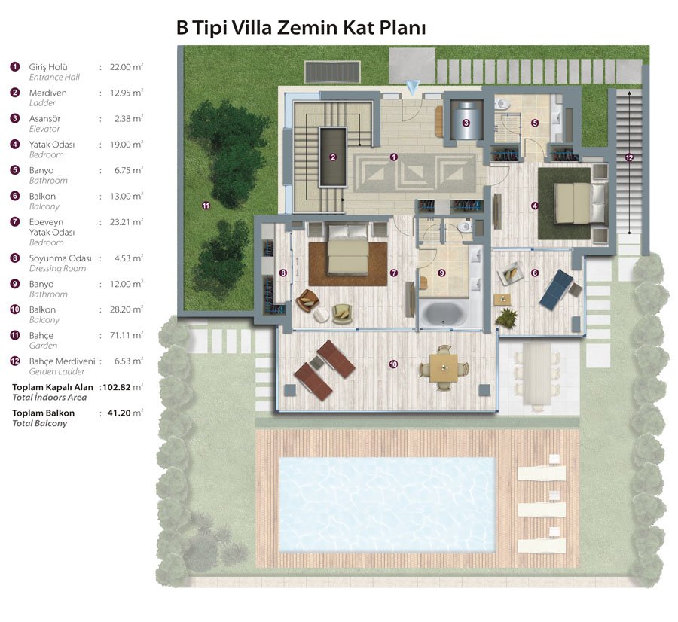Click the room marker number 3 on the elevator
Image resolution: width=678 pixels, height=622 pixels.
point(466,123)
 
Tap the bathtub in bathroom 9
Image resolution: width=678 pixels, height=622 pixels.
point(443,314)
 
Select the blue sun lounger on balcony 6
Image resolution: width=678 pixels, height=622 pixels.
point(557,290)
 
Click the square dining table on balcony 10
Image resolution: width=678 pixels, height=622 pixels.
point(444,367)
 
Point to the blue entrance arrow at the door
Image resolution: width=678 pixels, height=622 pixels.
point(413,88)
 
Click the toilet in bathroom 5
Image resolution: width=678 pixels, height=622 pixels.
point(502,104)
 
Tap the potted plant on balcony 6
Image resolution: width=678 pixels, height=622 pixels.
point(506,319)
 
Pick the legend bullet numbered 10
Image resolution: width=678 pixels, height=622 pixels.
point(15,309)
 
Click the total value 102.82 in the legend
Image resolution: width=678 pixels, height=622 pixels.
point(116,387)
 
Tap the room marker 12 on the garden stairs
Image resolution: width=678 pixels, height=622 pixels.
point(629,158)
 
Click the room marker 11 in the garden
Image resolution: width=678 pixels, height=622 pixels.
point(206,206)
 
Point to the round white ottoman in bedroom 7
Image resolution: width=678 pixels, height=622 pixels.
point(321,314)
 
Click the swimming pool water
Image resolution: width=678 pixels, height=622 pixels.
point(387,505)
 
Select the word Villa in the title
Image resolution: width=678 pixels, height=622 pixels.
point(252,27)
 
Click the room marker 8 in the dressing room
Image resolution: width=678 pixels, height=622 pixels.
point(282,273)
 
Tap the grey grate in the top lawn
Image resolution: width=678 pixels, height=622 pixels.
point(332,72)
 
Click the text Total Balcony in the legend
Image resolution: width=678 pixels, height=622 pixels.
point(39,424)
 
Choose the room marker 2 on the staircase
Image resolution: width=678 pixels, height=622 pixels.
point(333,157)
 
